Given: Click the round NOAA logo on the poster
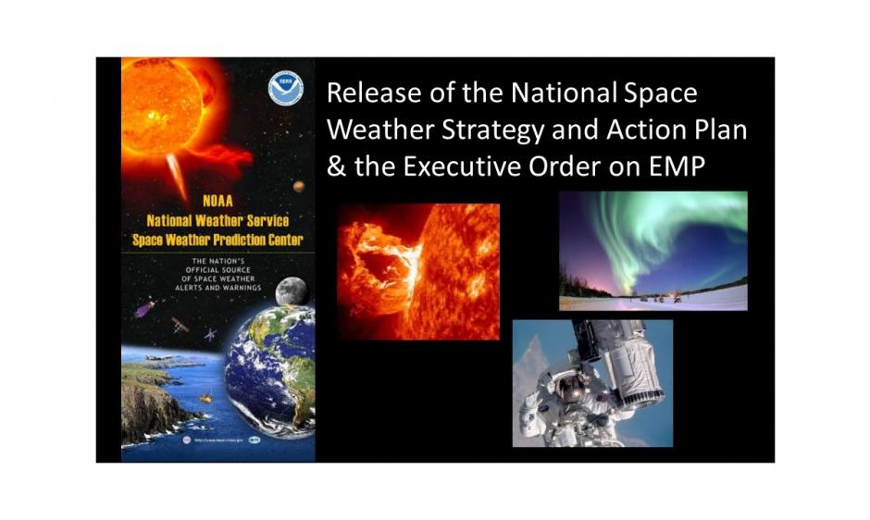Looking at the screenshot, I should (286, 88).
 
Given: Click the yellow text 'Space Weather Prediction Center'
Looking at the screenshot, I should (217, 241).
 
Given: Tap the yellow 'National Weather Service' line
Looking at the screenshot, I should (217, 221).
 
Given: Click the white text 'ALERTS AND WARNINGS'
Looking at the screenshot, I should (217, 288).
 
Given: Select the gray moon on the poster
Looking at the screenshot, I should (292, 291).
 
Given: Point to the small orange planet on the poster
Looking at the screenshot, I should (299, 187).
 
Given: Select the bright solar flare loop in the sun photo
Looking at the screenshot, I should (379, 268).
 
